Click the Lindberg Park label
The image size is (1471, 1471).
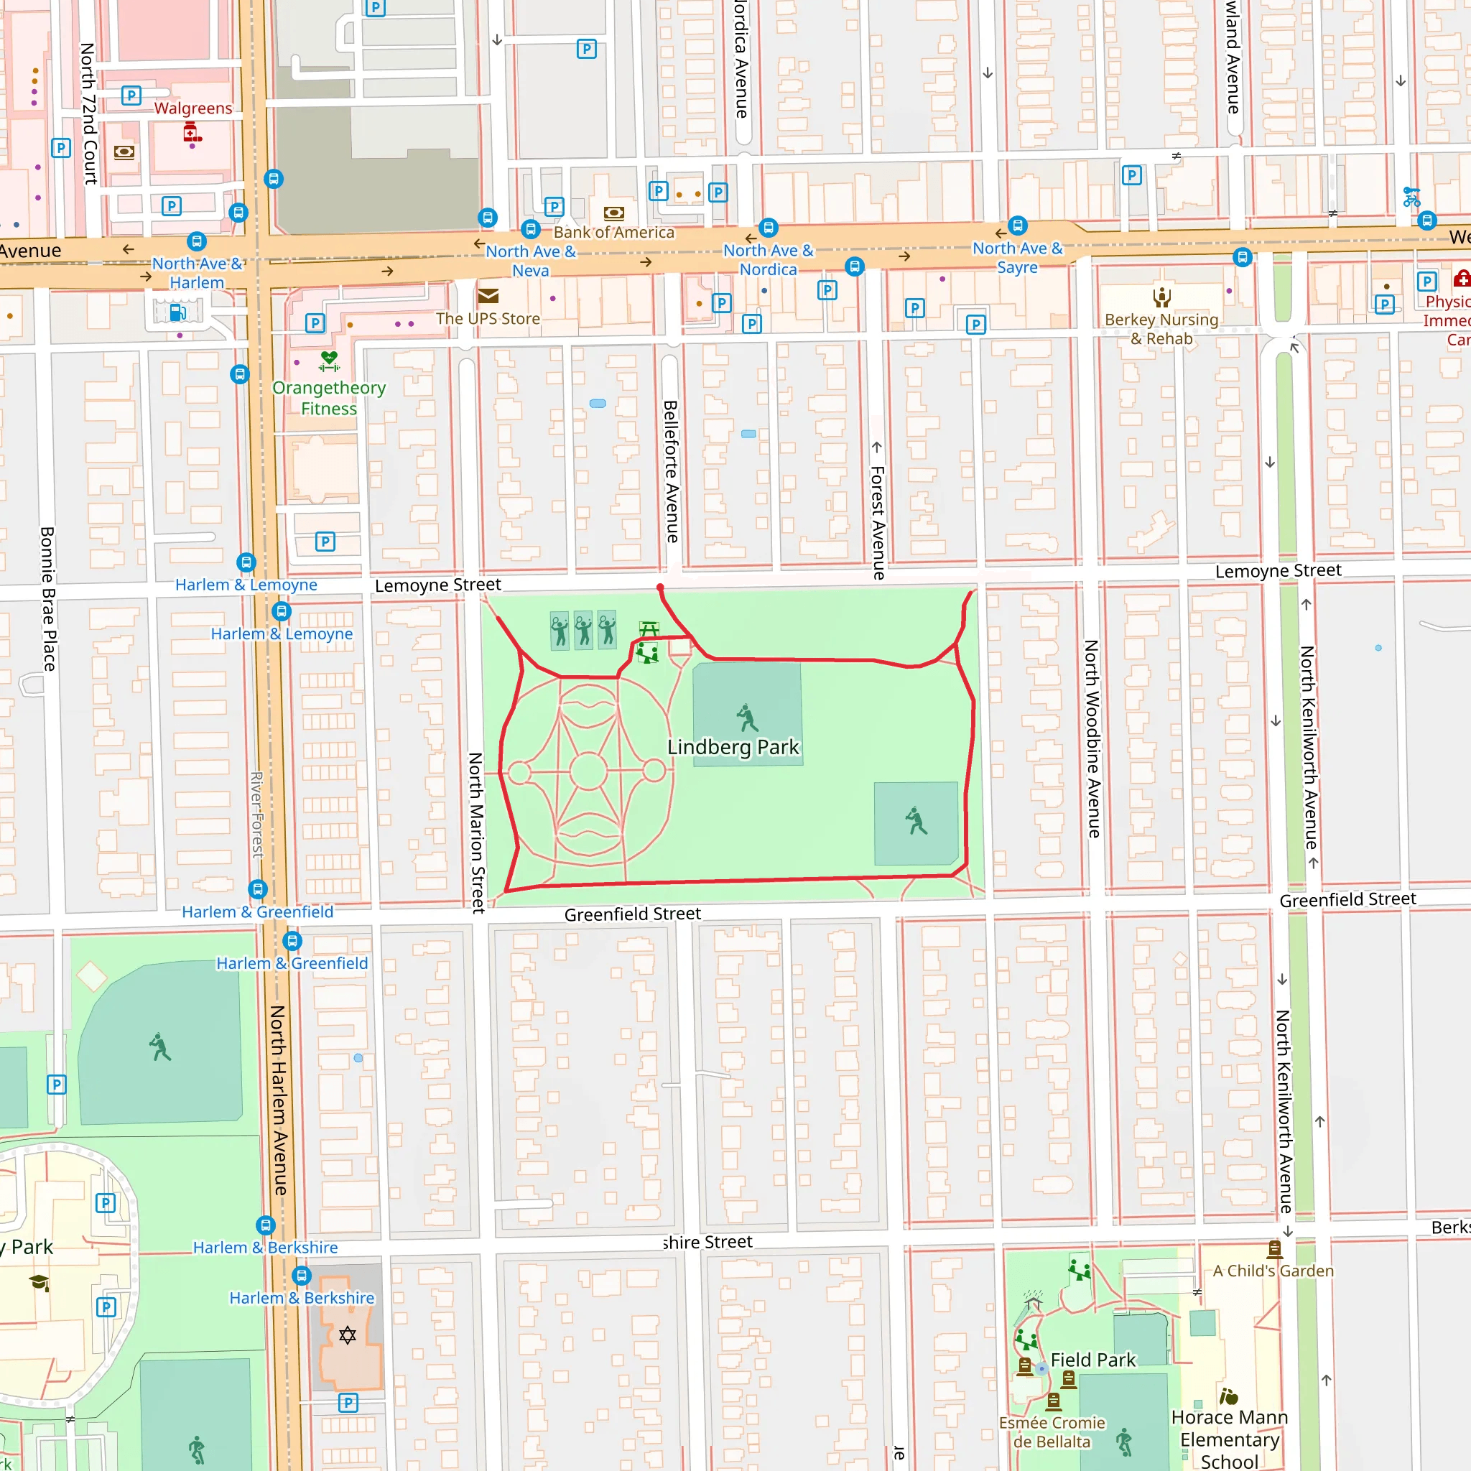733,747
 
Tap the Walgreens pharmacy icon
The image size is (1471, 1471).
192,134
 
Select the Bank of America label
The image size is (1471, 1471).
613,232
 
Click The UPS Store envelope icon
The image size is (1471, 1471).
488,295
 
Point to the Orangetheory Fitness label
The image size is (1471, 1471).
329,397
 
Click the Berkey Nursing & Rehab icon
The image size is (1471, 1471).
1161,297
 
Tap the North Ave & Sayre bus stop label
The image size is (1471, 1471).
1017,257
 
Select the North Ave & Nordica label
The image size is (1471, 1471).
769,259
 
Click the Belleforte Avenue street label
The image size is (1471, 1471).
671,471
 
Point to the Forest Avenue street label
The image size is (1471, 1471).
878,523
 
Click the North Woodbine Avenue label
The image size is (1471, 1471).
1092,738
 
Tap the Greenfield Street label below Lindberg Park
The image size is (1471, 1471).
632,914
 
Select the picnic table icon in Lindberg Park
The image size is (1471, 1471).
649,629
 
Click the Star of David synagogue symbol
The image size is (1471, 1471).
347,1335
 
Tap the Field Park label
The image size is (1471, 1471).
1092,1360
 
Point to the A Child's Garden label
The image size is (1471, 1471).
1273,1271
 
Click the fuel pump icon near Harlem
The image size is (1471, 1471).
177,312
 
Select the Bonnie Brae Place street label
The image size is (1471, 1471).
47,598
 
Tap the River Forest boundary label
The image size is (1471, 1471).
257,815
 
